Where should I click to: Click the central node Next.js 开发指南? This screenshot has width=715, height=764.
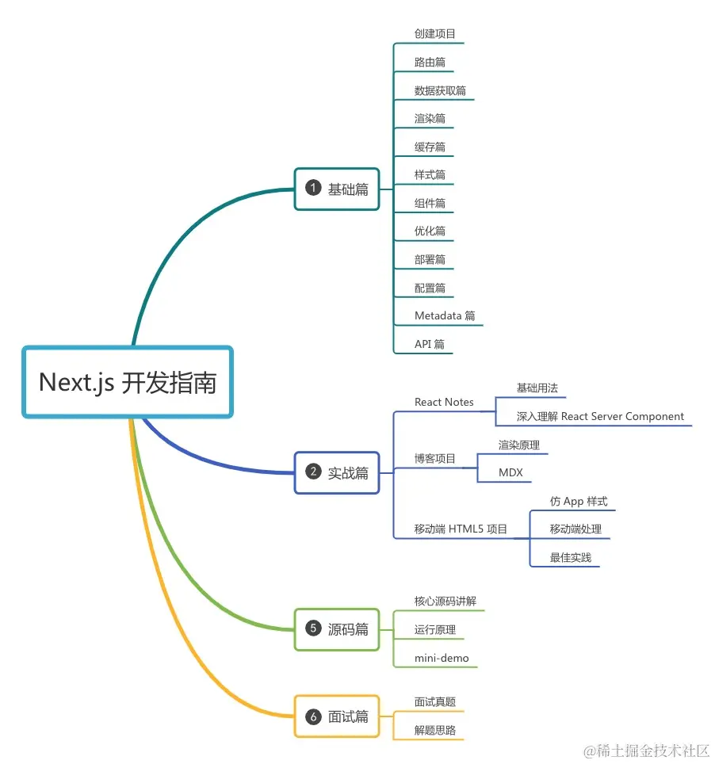[127, 382]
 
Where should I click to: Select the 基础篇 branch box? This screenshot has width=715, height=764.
[337, 189]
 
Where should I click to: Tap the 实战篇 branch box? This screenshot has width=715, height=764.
[337, 472]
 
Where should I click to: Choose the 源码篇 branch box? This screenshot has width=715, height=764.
[337, 629]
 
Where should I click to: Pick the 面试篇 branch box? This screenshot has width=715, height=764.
[337, 716]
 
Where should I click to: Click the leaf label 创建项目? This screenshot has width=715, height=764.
[434, 34]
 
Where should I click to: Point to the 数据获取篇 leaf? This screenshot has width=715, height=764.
[440, 90]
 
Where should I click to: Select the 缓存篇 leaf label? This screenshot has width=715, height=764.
[430, 147]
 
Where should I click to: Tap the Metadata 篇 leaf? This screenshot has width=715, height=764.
[445, 315]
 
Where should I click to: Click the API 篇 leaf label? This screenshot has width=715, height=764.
[430, 344]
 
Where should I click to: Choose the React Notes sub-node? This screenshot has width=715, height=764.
[444, 402]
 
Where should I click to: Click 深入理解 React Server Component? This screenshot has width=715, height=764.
[600, 416]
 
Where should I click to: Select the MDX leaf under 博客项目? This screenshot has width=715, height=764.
[510, 473]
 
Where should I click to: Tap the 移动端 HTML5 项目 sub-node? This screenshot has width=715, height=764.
[461, 529]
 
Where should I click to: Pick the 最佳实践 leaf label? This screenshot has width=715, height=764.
[571, 558]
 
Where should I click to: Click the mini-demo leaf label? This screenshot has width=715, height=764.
[442, 658]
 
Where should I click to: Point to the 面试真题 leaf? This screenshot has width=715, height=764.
[434, 702]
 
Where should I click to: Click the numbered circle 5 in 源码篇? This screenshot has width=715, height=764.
[313, 629]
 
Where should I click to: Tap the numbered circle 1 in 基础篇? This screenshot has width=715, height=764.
[313, 189]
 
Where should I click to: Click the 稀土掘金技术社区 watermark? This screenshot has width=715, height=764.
[646, 750]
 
